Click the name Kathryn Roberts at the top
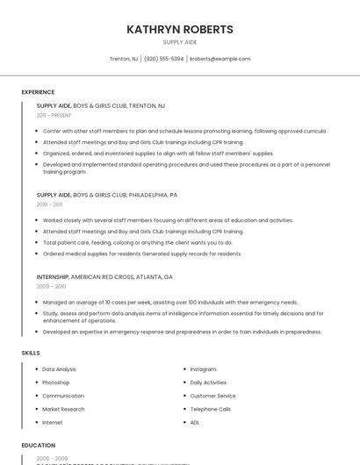(180, 29)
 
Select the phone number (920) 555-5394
(163, 59)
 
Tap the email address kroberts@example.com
(220, 59)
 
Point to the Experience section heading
(38, 92)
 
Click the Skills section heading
(31, 353)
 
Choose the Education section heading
(39, 446)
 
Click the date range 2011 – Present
(54, 115)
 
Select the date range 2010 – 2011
(49, 204)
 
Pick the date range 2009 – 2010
(51, 286)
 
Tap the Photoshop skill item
(55, 383)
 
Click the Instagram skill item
(203, 369)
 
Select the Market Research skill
(63, 409)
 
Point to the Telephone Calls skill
(211, 409)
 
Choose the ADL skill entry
(195, 422)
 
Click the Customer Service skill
(212, 396)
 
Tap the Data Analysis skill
(59, 369)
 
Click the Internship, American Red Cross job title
(104, 276)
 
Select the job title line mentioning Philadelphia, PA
(107, 195)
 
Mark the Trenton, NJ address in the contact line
(124, 59)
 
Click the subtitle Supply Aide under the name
(180, 42)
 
